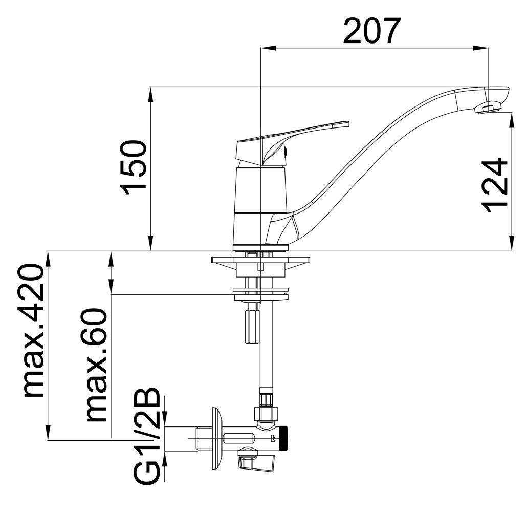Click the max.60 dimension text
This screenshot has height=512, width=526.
pos(97,365)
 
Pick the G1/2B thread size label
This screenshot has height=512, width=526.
pos(146,436)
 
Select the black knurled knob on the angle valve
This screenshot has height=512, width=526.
pos(284,438)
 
